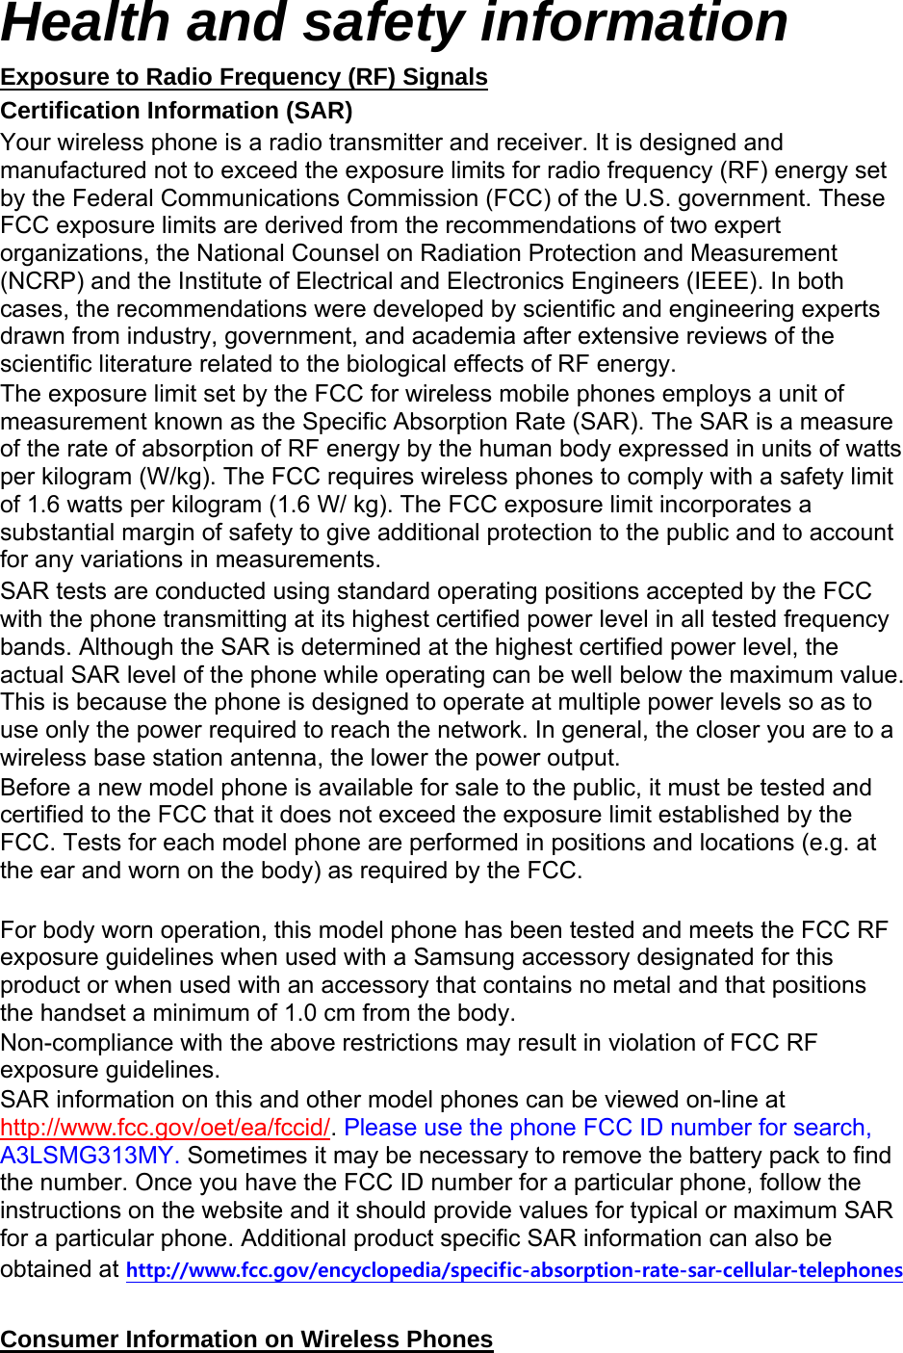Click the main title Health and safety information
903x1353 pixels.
point(394,23)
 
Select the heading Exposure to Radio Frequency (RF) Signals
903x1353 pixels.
point(244,77)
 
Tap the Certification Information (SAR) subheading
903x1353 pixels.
point(176,111)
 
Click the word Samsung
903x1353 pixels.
point(461,957)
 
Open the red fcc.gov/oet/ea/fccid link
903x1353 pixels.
point(165,1128)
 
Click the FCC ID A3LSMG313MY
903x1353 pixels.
point(90,1156)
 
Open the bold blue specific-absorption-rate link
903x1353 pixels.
point(514,1270)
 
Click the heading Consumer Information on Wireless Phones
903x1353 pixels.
point(246,1340)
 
